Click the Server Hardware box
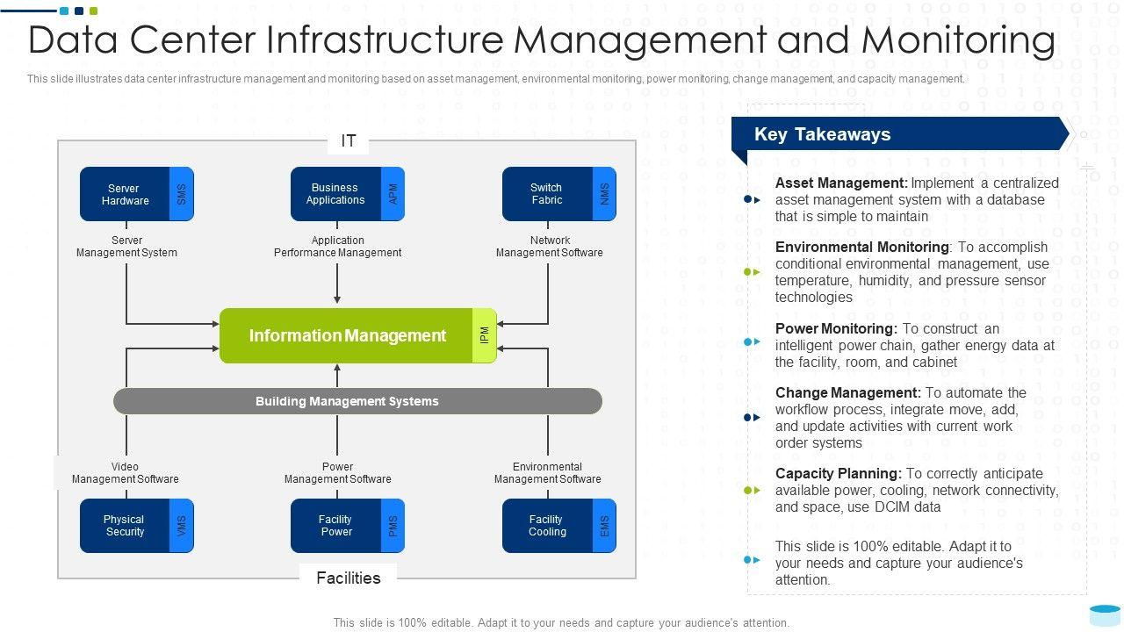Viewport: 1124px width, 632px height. tap(136, 194)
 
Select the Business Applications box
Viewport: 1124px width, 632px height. tap(347, 194)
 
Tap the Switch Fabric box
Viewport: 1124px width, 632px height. tap(559, 194)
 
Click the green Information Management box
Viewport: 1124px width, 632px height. tap(357, 335)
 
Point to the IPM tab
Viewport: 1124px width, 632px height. tap(484, 335)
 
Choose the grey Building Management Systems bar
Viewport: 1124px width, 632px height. tap(357, 401)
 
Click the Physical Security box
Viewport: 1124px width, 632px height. tap(136, 526)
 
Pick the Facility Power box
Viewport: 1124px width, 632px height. tap(347, 526)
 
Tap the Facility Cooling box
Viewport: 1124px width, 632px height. tap(559, 526)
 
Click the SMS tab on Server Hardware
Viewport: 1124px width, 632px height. tap(182, 194)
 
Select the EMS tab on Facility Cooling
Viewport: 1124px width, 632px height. tap(604, 526)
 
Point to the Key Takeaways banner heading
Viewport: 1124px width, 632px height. tap(823, 134)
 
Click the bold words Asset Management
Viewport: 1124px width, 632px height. tap(841, 183)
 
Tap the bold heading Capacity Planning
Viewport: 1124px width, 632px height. tap(839, 473)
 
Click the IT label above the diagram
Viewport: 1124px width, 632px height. tap(349, 141)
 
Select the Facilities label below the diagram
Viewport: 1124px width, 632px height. tap(349, 578)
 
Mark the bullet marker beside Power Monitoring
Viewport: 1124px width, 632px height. tap(752, 342)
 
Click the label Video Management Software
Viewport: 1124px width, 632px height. tap(125, 473)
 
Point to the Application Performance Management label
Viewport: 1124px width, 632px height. tap(337, 247)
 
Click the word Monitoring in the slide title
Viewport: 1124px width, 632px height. tap(958, 40)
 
